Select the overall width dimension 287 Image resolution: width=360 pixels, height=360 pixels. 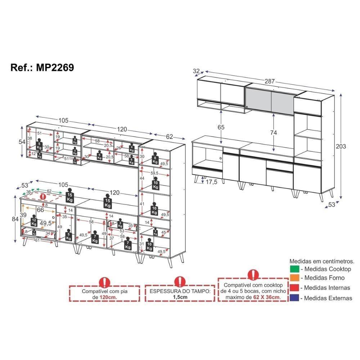[270, 81]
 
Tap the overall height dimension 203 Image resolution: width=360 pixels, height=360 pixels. [341, 147]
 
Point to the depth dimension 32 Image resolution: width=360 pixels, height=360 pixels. [196, 71]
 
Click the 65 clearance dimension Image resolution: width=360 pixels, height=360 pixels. [221, 127]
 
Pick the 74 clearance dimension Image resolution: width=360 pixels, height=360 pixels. [274, 132]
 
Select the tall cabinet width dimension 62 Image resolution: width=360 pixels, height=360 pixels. [170, 137]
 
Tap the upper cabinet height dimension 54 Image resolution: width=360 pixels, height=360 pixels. [22, 141]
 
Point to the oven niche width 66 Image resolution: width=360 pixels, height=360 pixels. [40, 210]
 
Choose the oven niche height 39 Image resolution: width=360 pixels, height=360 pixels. [23, 215]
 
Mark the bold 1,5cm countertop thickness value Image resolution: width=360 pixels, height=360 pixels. [180, 297]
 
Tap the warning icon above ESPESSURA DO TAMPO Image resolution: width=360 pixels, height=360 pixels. [180, 281]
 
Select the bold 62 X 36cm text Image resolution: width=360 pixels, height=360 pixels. [266, 297]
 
